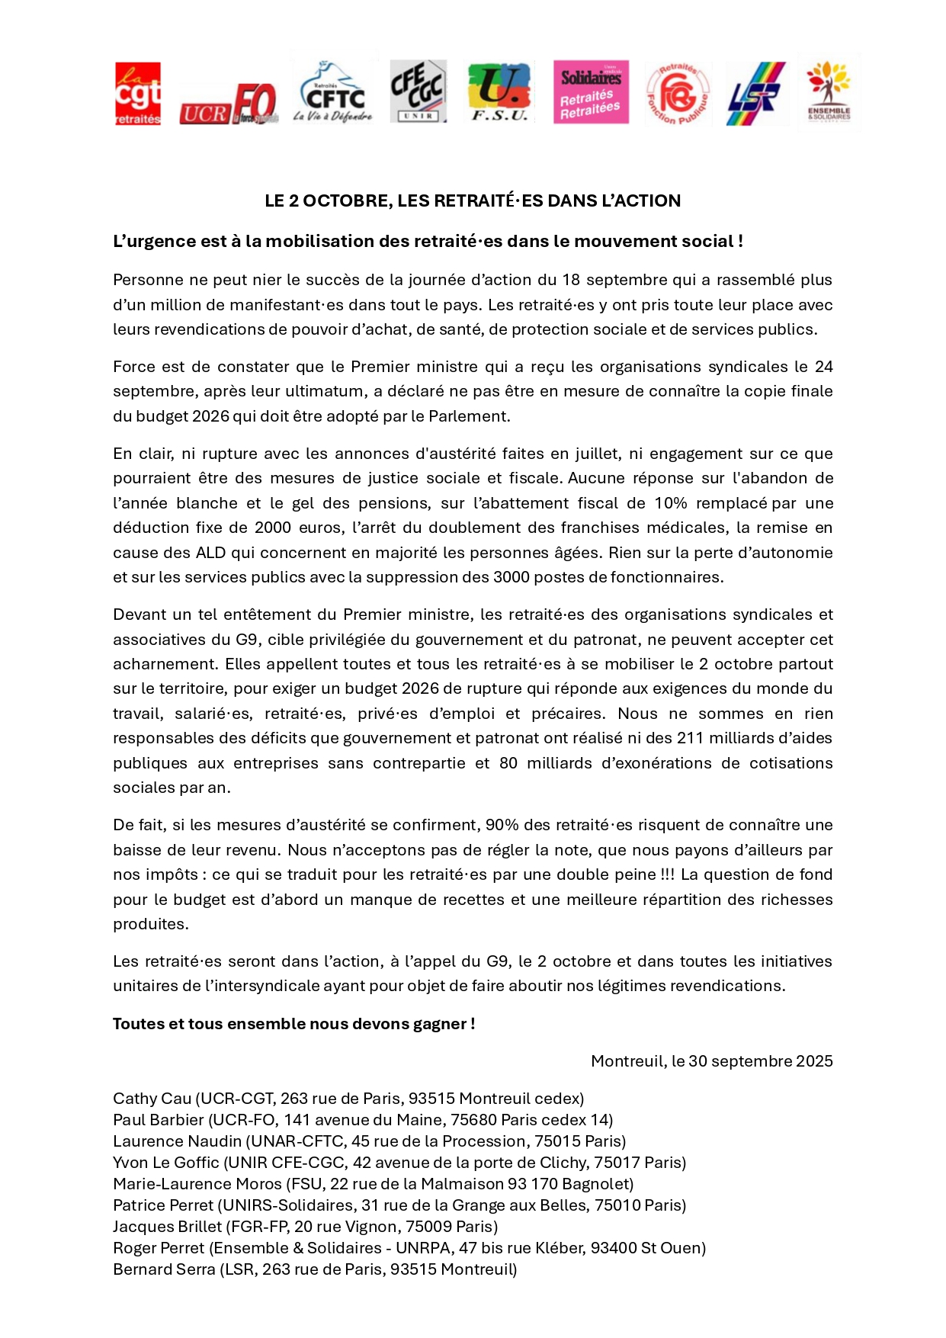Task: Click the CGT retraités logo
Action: click(138, 94)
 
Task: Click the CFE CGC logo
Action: click(417, 91)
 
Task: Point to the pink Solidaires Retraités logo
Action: click(591, 92)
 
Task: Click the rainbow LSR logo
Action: click(755, 94)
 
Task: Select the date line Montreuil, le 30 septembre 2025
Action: click(711, 1061)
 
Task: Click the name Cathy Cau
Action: click(152, 1099)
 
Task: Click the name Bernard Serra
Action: click(164, 1269)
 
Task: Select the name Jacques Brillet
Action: click(167, 1227)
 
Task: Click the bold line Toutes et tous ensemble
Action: click(293, 1024)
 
